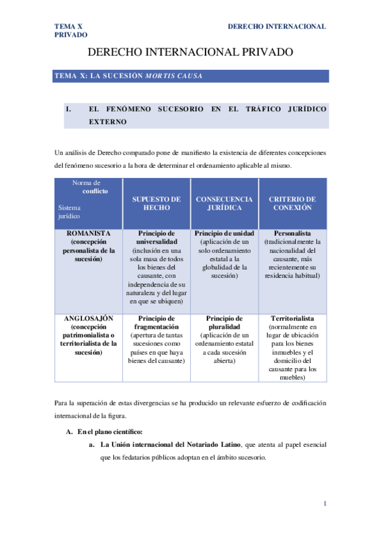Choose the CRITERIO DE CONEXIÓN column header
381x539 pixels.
click(x=293, y=203)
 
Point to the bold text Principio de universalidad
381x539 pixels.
click(x=156, y=238)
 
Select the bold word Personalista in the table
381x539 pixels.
click(x=293, y=233)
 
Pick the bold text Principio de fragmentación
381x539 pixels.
click(x=156, y=322)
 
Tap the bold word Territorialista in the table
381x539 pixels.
click(x=293, y=318)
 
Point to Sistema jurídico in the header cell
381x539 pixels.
click(x=71, y=212)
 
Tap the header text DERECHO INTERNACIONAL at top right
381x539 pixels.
click(x=276, y=27)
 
